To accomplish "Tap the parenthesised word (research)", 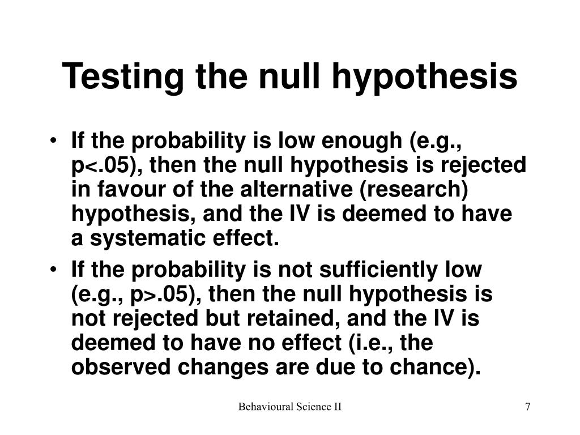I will (414, 190).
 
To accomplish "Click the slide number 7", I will (527, 407).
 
